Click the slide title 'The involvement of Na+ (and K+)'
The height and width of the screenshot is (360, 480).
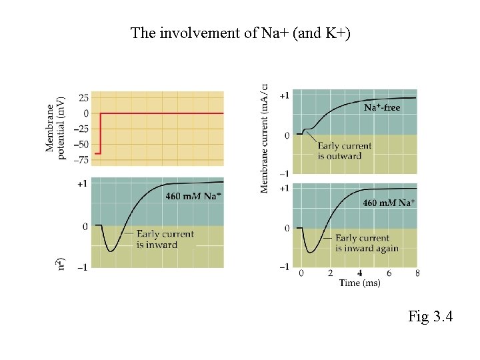click(240, 33)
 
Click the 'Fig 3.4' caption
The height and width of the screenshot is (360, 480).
click(430, 316)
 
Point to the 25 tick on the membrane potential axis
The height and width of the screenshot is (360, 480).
click(83, 98)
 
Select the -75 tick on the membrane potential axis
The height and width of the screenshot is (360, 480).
click(80, 159)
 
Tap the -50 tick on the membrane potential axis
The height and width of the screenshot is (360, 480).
click(80, 144)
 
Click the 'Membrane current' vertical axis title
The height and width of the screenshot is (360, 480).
click(265, 138)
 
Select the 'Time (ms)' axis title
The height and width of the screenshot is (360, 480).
click(360, 283)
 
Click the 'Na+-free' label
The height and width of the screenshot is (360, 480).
click(382, 107)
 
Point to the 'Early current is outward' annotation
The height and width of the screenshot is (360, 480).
click(344, 151)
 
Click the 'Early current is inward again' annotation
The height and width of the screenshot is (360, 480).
click(366, 243)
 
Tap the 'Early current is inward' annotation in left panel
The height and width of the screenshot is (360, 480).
click(165, 239)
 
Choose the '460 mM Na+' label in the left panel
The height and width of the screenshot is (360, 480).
click(193, 196)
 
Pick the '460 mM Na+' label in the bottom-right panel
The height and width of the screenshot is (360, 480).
click(389, 203)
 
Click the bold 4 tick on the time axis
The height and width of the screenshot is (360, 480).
click(360, 273)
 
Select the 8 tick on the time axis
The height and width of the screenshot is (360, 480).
click(417, 273)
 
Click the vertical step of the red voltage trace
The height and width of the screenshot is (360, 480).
click(101, 133)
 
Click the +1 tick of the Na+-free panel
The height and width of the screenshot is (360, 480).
click(284, 96)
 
